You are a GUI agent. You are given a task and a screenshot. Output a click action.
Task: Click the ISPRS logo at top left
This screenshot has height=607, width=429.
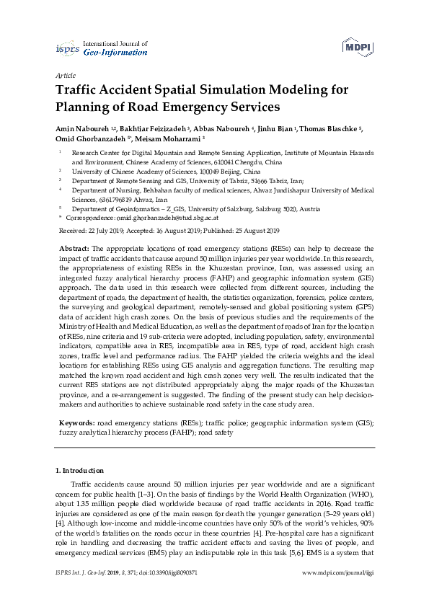click(x=67, y=48)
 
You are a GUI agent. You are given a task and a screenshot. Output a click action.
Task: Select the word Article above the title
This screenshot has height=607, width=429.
click(x=66, y=75)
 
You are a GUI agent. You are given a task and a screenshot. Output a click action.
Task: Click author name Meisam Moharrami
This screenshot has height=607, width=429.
click(x=170, y=138)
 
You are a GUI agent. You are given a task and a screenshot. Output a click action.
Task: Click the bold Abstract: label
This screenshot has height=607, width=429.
click(x=74, y=247)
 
